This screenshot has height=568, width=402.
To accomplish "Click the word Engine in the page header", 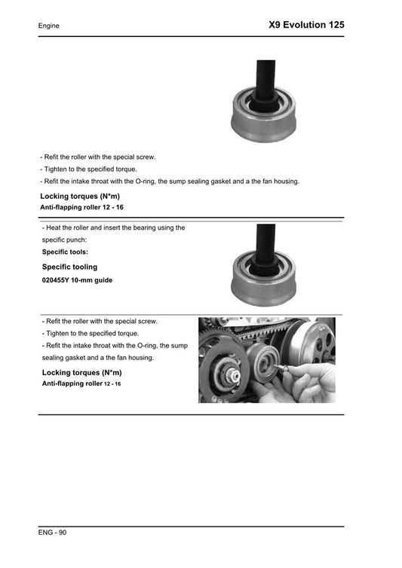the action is coord(49,26).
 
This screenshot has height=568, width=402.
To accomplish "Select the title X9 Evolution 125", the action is coord(306,25).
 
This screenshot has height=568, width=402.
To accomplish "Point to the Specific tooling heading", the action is coord(69,267).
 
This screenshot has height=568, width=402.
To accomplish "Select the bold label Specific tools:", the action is coord(65,252).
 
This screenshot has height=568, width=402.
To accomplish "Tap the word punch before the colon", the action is coord(85,240).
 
